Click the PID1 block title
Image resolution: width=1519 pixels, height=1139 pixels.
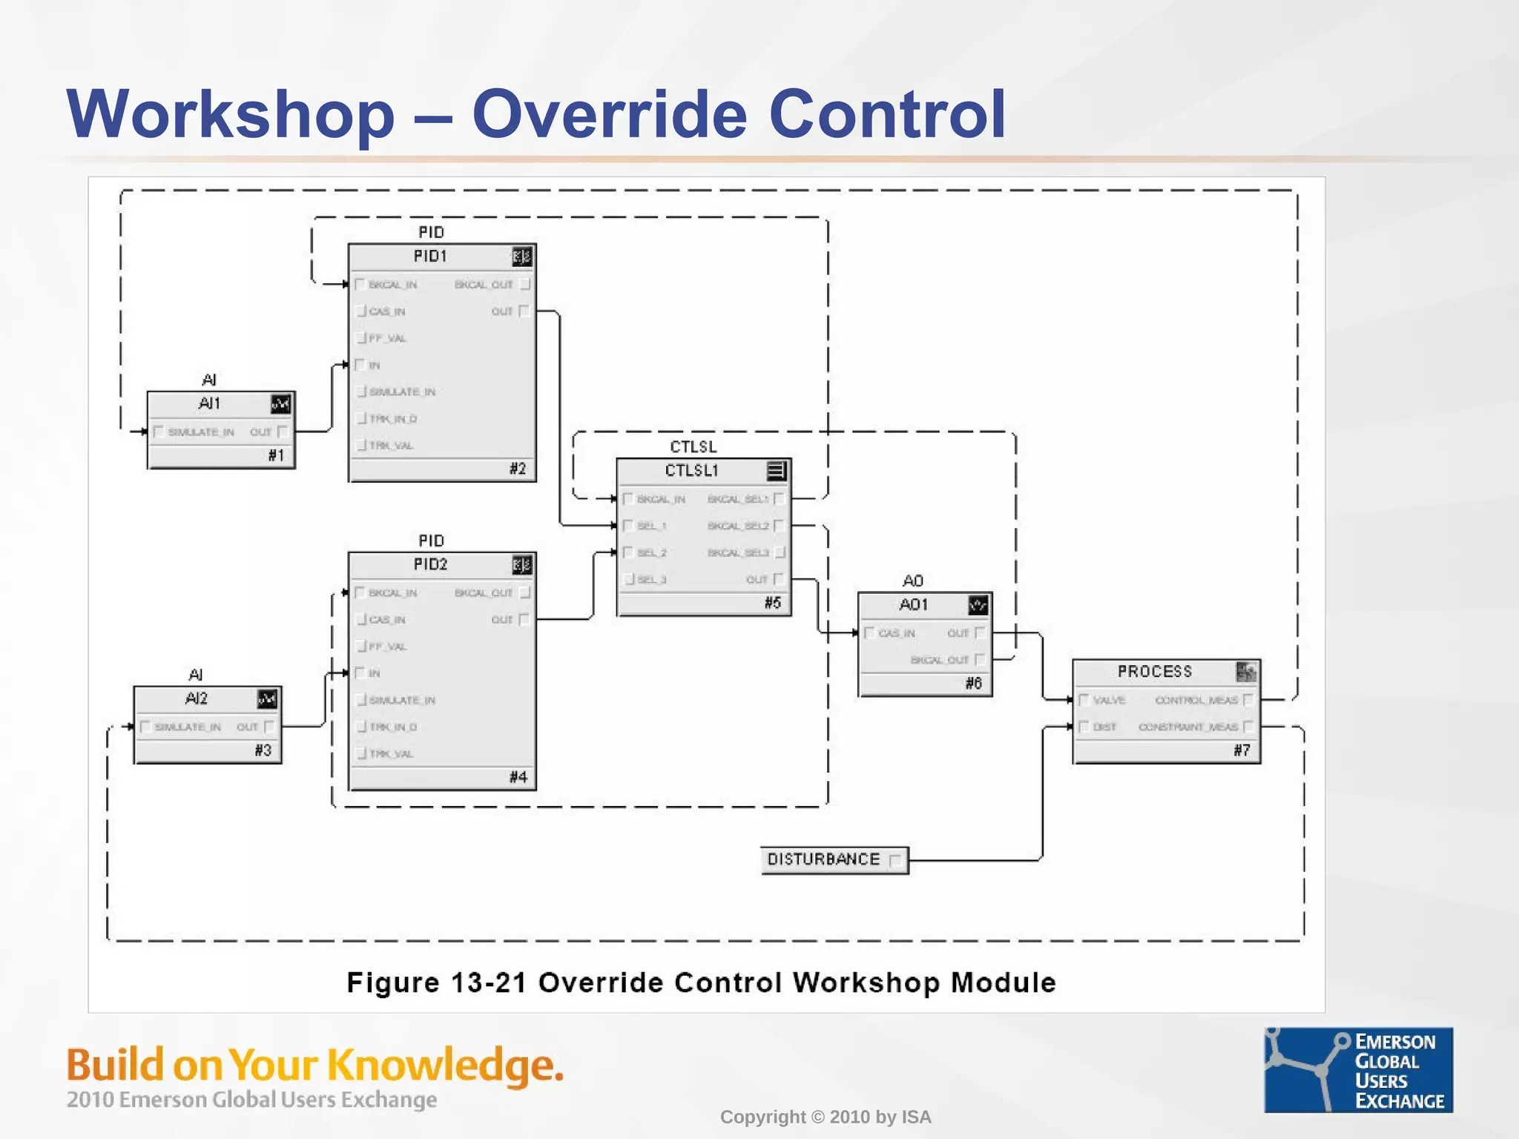[x=430, y=257]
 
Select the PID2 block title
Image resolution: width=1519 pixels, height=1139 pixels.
[x=430, y=565]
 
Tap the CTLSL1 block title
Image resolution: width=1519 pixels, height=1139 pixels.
[x=691, y=471]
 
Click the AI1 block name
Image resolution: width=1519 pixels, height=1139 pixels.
[x=209, y=404]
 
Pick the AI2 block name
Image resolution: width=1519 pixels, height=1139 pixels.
[x=196, y=699]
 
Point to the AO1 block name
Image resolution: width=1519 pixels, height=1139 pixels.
[x=913, y=605]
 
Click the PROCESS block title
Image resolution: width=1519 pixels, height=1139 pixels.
[x=1154, y=672]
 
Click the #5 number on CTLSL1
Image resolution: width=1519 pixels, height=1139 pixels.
[x=773, y=603]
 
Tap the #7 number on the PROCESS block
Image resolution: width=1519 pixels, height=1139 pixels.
[x=1242, y=750]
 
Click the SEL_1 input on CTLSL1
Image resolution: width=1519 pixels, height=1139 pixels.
[x=652, y=526]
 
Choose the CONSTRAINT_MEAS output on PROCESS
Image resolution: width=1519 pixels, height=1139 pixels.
[x=1188, y=727]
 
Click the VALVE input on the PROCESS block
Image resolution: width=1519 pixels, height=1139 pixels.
[x=1109, y=700]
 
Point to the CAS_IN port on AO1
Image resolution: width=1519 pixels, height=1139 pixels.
[x=896, y=633]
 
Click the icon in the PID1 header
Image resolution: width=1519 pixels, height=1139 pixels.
[x=521, y=257]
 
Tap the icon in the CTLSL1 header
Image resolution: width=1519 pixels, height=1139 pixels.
[x=776, y=471]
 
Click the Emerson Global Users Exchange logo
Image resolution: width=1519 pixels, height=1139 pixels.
[x=1358, y=1069]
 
